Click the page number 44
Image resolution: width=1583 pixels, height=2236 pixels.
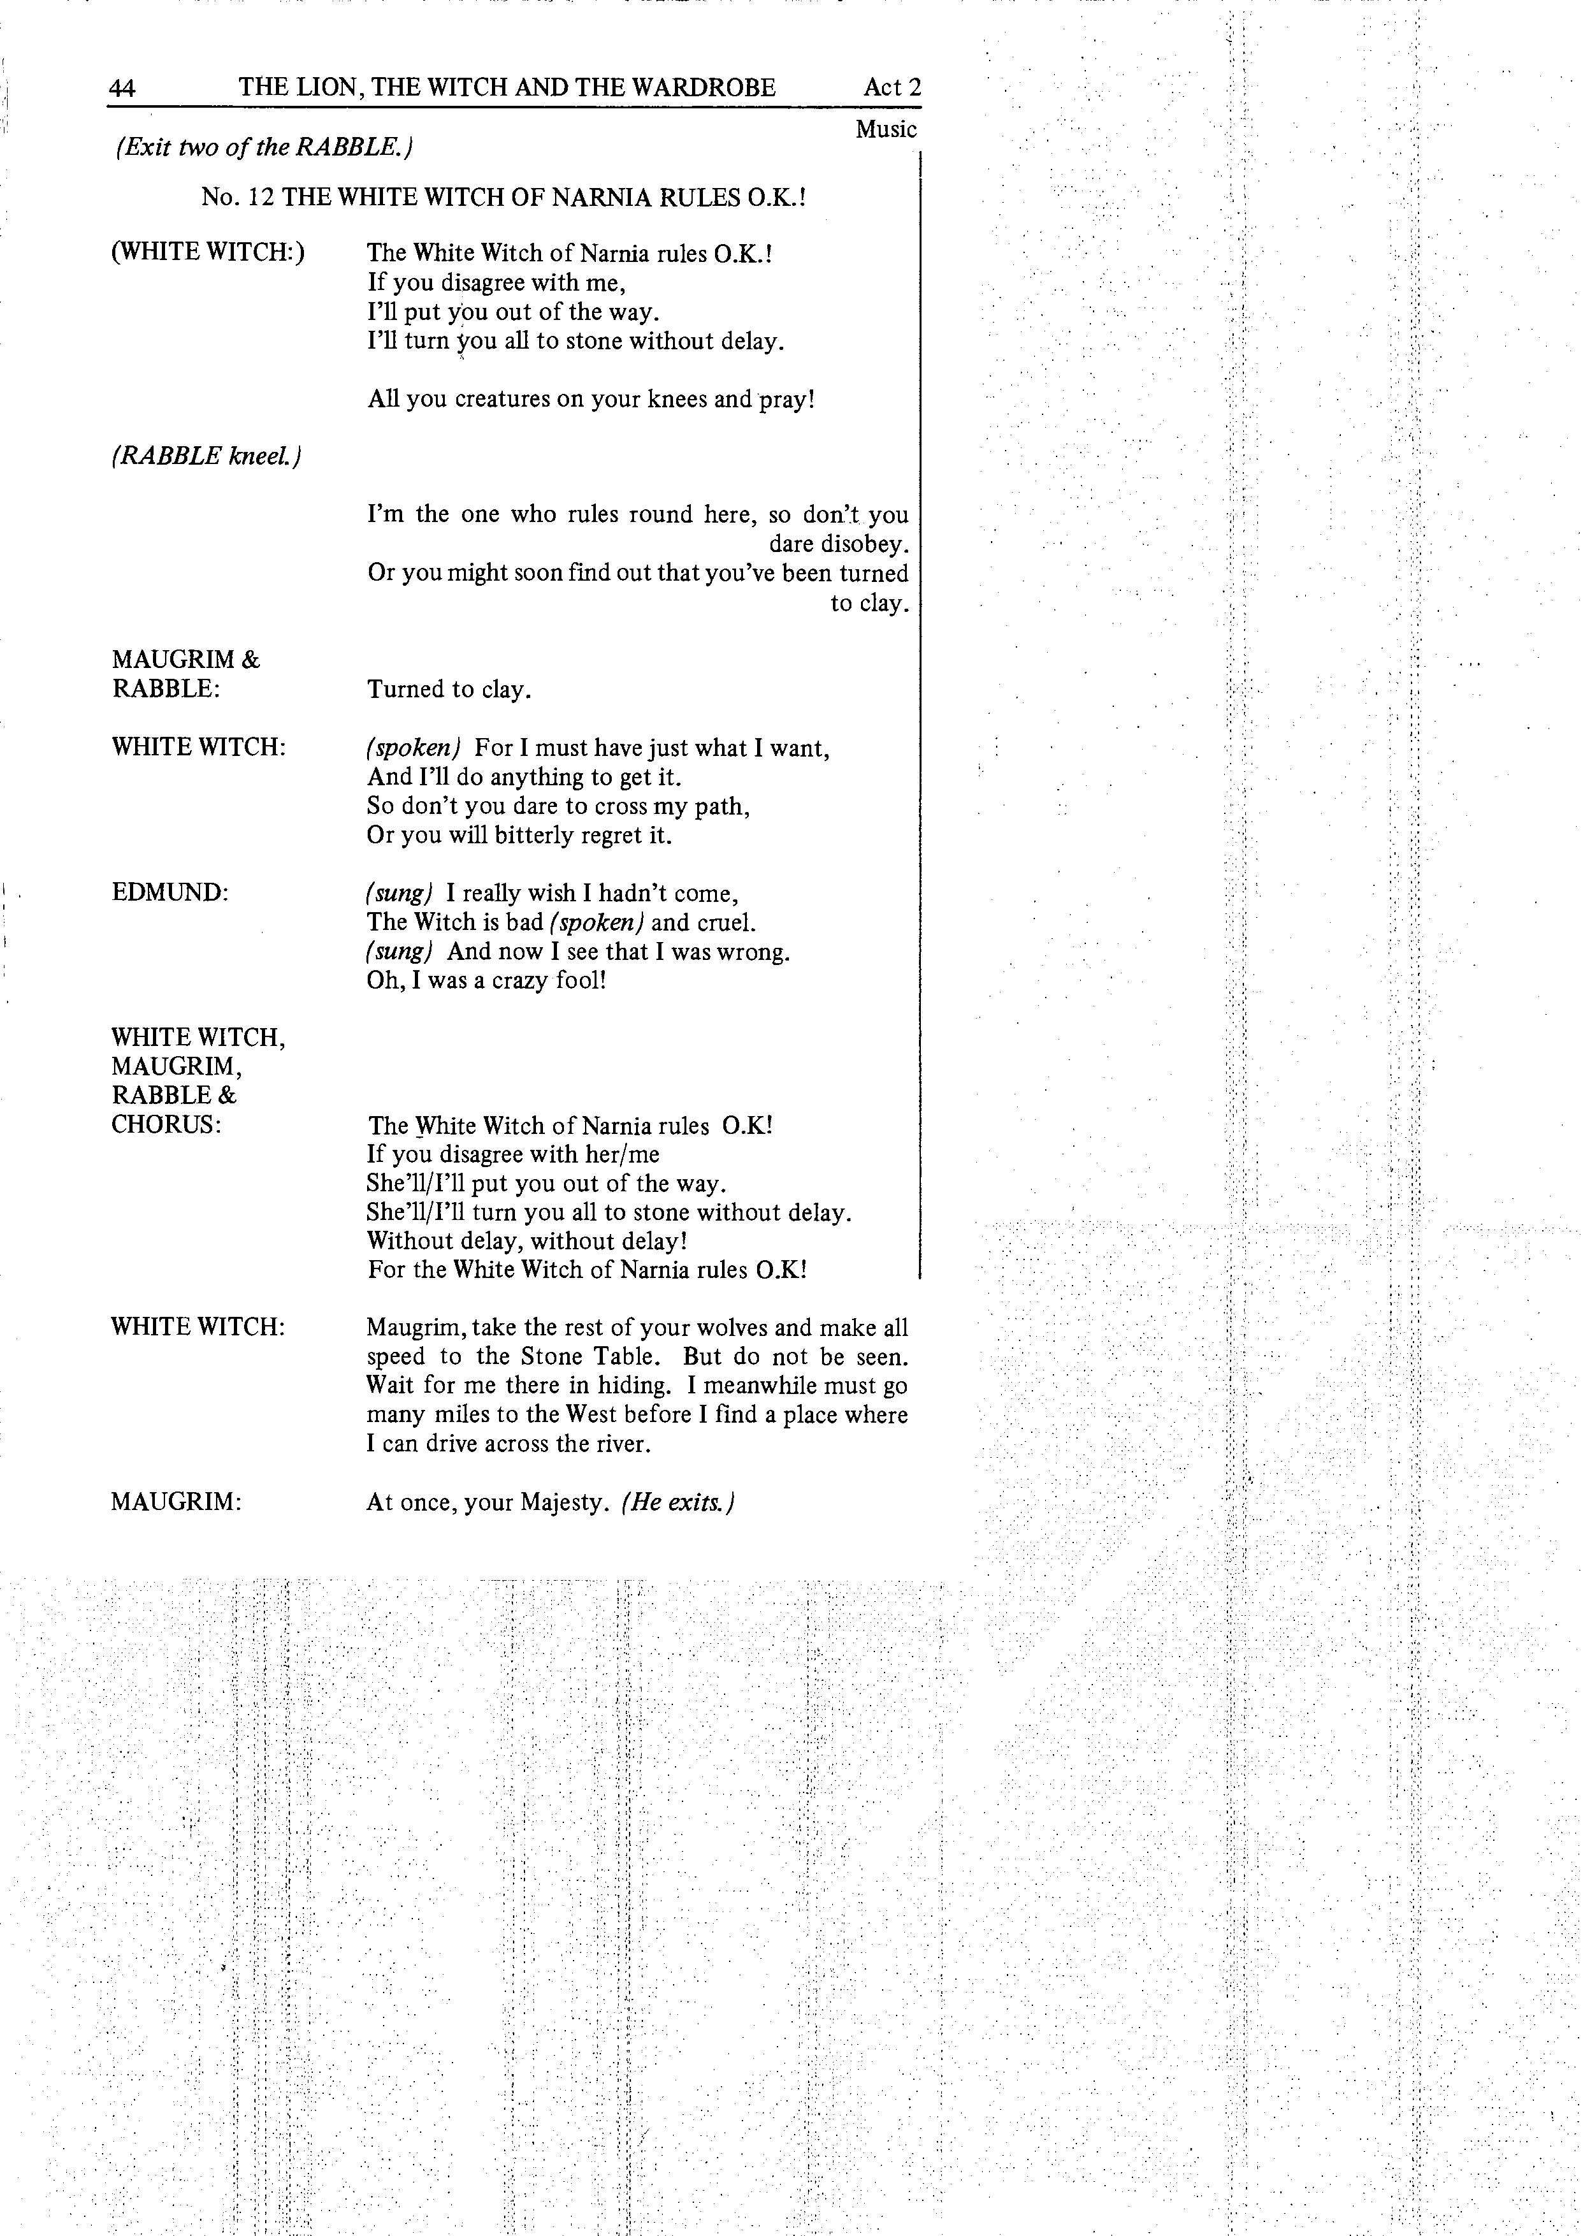[122, 89]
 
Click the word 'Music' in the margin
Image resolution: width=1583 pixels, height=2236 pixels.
[886, 129]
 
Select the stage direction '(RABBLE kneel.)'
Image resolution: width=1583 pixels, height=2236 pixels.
[206, 456]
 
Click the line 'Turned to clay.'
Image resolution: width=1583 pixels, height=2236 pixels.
[449, 690]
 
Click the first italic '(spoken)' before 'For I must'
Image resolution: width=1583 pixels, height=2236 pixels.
[414, 748]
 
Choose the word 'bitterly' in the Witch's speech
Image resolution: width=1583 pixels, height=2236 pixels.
[537, 836]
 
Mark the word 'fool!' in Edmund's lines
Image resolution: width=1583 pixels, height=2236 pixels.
[583, 980]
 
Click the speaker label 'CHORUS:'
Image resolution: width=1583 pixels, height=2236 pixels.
[166, 1125]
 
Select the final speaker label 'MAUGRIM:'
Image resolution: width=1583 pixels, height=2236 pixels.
[175, 1502]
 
